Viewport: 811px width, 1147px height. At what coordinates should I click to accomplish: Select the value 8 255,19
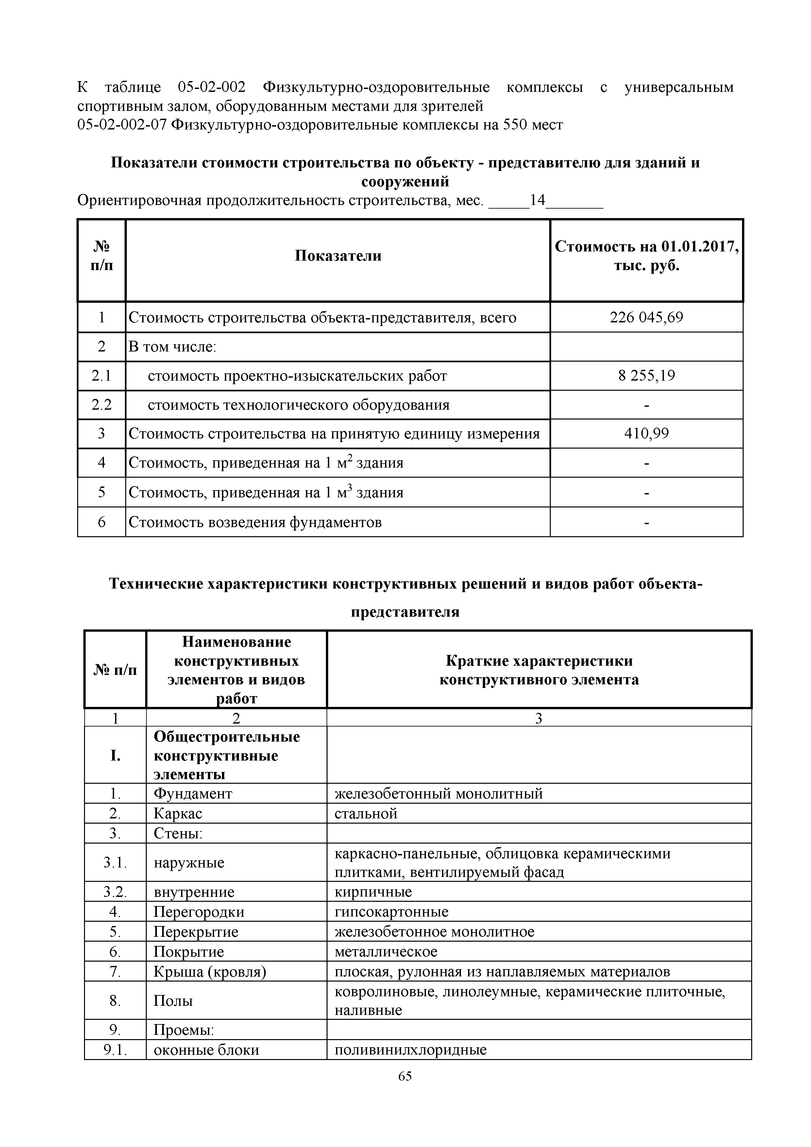tap(646, 376)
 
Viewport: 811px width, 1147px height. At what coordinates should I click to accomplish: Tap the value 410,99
tap(646, 434)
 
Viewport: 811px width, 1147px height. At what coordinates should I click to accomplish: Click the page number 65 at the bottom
tap(405, 1090)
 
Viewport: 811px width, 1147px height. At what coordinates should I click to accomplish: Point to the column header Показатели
tap(338, 256)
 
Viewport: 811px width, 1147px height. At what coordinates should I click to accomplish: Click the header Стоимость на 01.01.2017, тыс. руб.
tap(646, 256)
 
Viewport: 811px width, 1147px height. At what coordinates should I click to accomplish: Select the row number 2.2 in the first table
tap(101, 405)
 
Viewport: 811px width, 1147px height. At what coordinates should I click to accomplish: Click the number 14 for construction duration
tap(537, 201)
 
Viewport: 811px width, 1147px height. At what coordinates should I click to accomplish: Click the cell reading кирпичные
tap(373, 892)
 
